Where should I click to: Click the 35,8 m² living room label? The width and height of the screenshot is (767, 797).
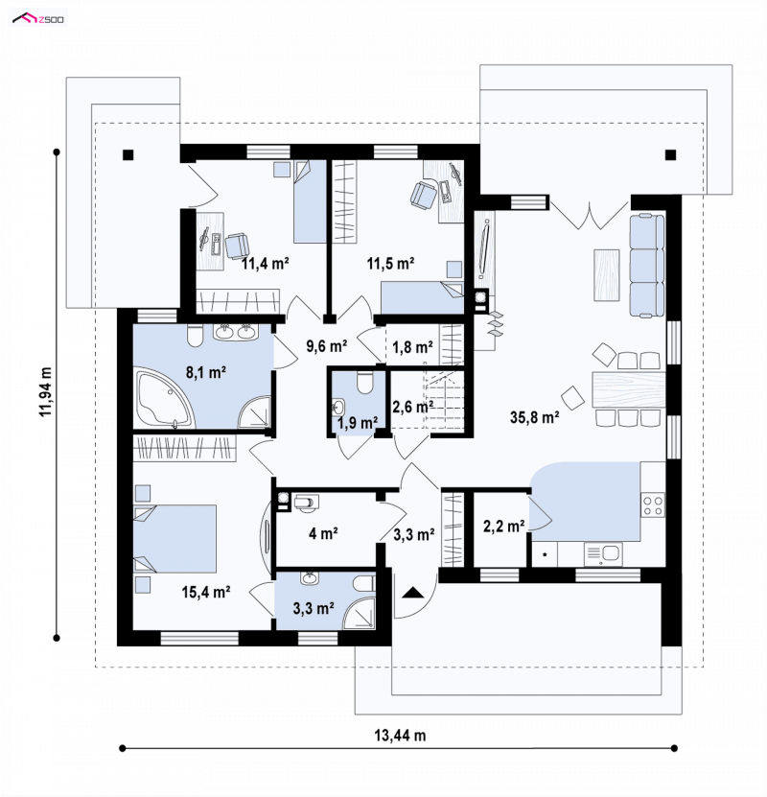pos(534,417)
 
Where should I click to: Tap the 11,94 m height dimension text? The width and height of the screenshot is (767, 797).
pos(46,392)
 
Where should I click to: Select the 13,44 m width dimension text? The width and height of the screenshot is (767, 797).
pos(400,735)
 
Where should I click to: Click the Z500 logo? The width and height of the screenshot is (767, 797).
pos(38,19)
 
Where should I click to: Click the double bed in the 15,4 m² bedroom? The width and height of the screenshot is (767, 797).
pos(174,539)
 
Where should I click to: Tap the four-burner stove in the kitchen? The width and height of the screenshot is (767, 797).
pos(653,504)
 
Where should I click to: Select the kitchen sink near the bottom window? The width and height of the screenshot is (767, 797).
pos(603,554)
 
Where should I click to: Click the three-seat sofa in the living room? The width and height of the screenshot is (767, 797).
pos(647,266)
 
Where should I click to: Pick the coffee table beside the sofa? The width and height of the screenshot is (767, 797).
pos(607,275)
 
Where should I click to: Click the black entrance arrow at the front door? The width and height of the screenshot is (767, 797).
pos(413,592)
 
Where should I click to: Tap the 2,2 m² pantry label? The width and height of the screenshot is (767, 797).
pos(503,527)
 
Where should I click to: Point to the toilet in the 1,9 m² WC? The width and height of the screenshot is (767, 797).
pos(365,383)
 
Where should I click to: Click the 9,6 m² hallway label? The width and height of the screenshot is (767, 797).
pos(326,346)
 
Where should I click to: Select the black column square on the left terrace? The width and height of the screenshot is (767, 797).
pos(128,155)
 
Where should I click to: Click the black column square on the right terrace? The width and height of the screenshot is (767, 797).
pos(670,155)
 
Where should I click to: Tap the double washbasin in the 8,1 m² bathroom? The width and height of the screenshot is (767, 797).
pos(236,332)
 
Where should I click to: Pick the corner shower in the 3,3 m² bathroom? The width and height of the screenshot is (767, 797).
pos(360,613)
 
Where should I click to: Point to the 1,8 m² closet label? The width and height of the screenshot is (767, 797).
pos(412,347)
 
